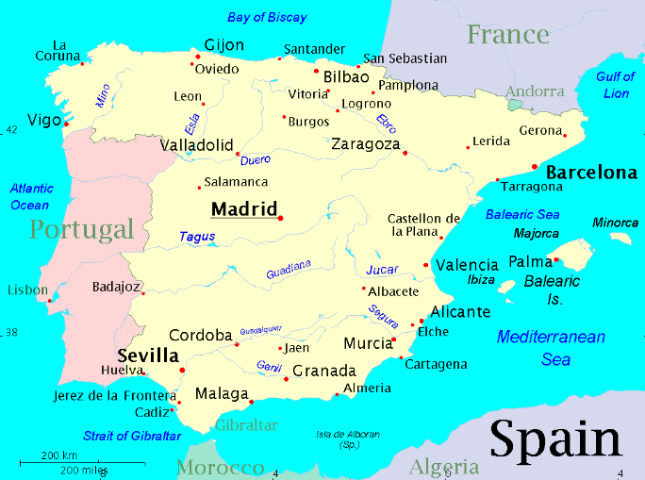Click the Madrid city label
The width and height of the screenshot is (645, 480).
(243, 209)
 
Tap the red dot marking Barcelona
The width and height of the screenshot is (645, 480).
(535, 167)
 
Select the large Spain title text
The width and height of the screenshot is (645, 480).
(555, 440)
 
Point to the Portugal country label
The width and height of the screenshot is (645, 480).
(81, 229)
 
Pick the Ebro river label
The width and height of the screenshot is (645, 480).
(386, 124)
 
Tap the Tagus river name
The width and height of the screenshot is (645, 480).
(197, 237)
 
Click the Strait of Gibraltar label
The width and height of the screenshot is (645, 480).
(132, 436)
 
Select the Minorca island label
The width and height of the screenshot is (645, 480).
(615, 223)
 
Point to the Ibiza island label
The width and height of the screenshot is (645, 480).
(480, 280)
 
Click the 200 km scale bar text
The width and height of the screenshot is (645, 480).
(58, 456)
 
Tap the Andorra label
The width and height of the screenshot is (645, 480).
(535, 92)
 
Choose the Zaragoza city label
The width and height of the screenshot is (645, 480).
(366, 144)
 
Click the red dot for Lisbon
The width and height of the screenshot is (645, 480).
(49, 301)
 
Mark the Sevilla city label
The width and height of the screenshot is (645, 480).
(148, 356)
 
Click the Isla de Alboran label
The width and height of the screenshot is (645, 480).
(348, 439)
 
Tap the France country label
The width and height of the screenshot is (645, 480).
(507, 35)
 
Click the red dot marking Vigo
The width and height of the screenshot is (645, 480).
(67, 123)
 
